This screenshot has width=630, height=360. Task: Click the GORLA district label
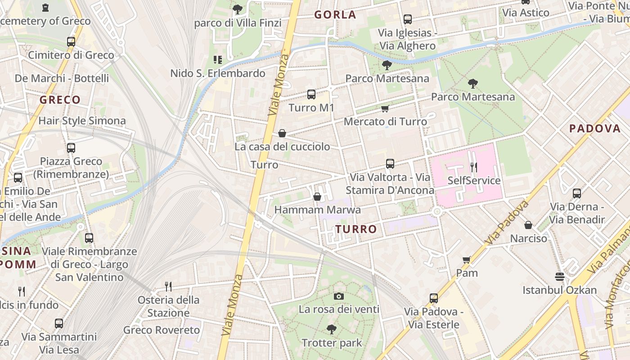[x=335, y=15]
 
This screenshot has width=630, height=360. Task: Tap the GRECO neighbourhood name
[x=60, y=100]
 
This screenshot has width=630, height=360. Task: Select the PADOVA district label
[x=594, y=129]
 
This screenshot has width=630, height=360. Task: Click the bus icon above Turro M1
[x=311, y=94]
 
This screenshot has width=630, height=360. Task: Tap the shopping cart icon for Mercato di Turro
[x=385, y=109]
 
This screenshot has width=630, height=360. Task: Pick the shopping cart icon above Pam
[x=467, y=260]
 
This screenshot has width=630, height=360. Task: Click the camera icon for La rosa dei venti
[x=339, y=296]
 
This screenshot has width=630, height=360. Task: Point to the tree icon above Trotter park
[x=332, y=329]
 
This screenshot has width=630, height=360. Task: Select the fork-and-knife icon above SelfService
[x=473, y=167]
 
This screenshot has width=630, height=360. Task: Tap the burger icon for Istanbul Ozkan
[x=560, y=276]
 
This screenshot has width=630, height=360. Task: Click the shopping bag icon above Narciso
[x=528, y=225]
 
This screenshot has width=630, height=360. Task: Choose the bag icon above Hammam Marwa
[x=317, y=197]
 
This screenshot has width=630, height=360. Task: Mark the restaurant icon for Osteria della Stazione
[x=168, y=286]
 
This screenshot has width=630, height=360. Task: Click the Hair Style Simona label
[x=82, y=121]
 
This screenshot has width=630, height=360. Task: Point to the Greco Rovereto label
[x=162, y=330]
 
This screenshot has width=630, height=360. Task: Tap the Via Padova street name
[x=507, y=223]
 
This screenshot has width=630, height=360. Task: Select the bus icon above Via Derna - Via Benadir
[x=577, y=193]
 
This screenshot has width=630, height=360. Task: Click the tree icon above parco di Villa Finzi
[x=238, y=9]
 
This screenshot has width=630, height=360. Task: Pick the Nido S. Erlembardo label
[x=218, y=73]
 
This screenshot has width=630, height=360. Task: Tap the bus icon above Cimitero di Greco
[x=71, y=42]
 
